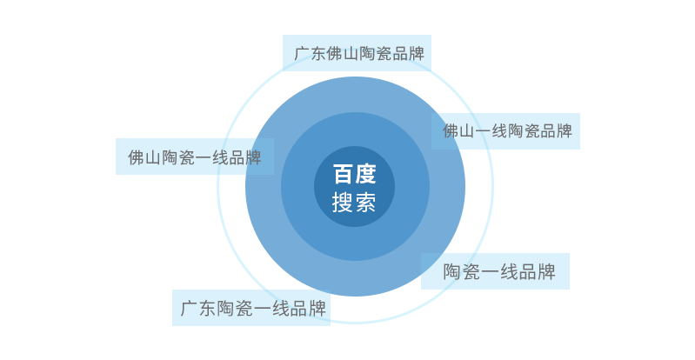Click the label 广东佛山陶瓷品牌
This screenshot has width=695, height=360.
[359, 54]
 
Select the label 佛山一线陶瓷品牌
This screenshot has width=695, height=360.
[507, 131]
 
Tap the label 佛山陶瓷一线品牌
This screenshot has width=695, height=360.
[195, 157]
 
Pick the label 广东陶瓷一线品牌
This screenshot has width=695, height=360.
[253, 309]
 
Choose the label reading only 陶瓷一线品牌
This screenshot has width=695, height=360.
[499, 272]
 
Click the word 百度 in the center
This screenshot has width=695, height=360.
[355, 174]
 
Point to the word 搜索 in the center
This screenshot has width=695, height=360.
[355, 202]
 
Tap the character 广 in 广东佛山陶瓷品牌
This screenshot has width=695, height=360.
[302, 54]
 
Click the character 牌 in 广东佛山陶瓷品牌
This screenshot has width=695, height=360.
[417, 54]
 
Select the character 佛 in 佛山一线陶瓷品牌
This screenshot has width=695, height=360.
[451, 131]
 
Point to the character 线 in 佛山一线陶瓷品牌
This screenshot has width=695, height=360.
[499, 131]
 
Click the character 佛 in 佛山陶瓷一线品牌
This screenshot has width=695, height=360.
[136, 157]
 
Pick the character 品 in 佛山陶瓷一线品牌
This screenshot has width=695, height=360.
[237, 157]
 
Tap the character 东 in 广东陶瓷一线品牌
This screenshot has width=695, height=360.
[207, 309]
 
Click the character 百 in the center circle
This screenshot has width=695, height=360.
[344, 174]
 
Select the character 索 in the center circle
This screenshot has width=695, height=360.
[365, 202]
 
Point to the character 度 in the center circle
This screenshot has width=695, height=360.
[365, 174]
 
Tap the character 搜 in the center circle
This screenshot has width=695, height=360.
[344, 202]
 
